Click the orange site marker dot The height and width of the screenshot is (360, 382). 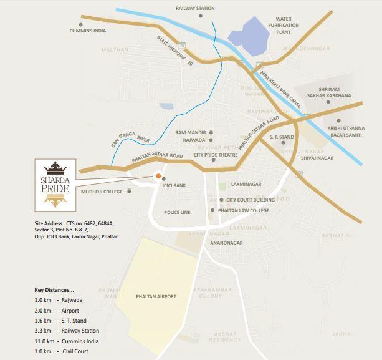(158, 175)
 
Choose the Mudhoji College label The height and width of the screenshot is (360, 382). (101, 192)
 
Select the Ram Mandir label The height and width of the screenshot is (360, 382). (190, 132)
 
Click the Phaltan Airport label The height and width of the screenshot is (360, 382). (156, 296)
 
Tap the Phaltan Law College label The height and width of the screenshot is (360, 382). (244, 211)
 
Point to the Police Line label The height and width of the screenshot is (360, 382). (177, 213)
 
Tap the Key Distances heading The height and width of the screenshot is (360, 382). (54, 290)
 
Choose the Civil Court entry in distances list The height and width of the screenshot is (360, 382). (75, 351)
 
